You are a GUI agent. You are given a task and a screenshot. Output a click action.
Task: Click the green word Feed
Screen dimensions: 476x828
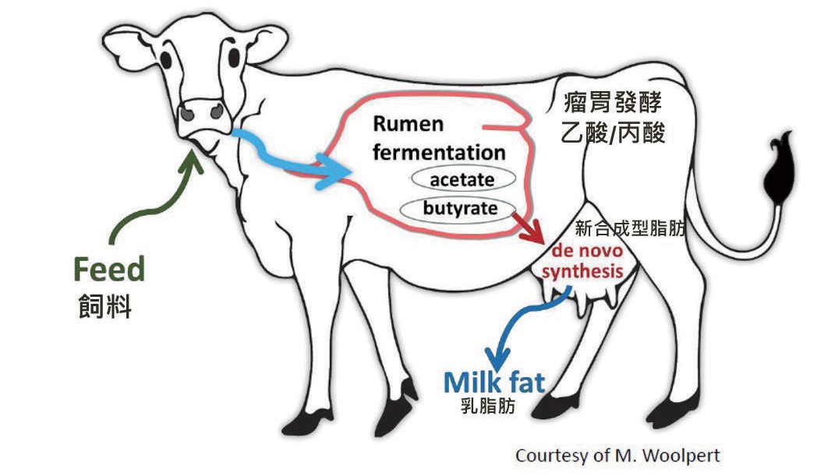coord(109,270)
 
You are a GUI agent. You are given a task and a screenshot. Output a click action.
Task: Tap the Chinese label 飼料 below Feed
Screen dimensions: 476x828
coord(104,306)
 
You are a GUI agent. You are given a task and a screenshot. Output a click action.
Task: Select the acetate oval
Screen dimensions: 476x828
coord(463,180)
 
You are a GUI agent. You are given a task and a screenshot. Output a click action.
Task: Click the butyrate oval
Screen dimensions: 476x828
coord(460,209)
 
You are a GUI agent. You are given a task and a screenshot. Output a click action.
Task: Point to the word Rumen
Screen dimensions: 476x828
coord(407,124)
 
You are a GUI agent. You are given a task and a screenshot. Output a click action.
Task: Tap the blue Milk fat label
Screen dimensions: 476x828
coord(494,383)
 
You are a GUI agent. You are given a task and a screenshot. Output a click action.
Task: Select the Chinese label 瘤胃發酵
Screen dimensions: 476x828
coord(614,101)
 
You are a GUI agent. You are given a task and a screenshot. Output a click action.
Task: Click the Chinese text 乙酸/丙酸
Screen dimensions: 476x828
coord(614,132)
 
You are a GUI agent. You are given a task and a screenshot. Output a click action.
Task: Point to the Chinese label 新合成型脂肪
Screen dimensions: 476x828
coord(630,229)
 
